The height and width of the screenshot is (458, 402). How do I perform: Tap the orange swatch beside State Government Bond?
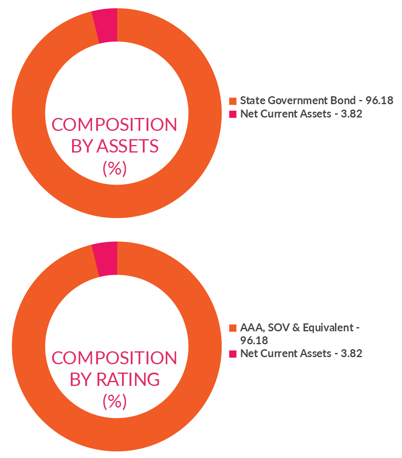point(233,101)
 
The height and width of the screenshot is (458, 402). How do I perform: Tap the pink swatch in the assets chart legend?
point(233,114)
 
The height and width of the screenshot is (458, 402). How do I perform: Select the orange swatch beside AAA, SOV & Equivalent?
point(233,328)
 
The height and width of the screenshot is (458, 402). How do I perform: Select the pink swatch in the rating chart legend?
point(233,354)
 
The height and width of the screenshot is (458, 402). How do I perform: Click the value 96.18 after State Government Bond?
point(379,100)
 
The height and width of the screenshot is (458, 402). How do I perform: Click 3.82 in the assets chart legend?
point(351,114)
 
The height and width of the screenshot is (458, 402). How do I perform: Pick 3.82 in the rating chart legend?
point(351,354)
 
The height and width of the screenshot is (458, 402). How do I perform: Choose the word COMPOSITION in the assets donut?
point(114,125)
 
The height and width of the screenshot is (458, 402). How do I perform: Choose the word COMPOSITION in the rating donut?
point(114,358)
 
